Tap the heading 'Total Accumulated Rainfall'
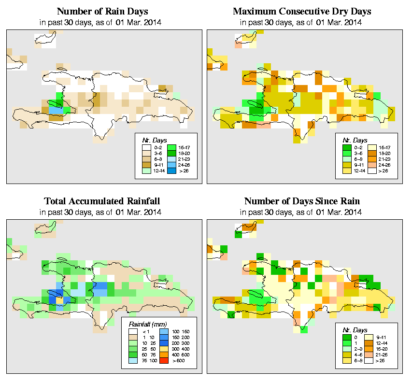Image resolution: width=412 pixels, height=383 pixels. [x=102, y=201]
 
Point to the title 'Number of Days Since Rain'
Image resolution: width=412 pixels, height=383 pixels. [x=302, y=201]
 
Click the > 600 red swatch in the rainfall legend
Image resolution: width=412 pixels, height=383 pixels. [x=164, y=360]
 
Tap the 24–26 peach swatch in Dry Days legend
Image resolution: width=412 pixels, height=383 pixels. [x=373, y=165]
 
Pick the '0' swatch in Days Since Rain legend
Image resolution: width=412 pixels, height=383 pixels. [x=346, y=337]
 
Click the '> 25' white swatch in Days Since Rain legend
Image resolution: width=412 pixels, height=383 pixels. [x=373, y=361]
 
